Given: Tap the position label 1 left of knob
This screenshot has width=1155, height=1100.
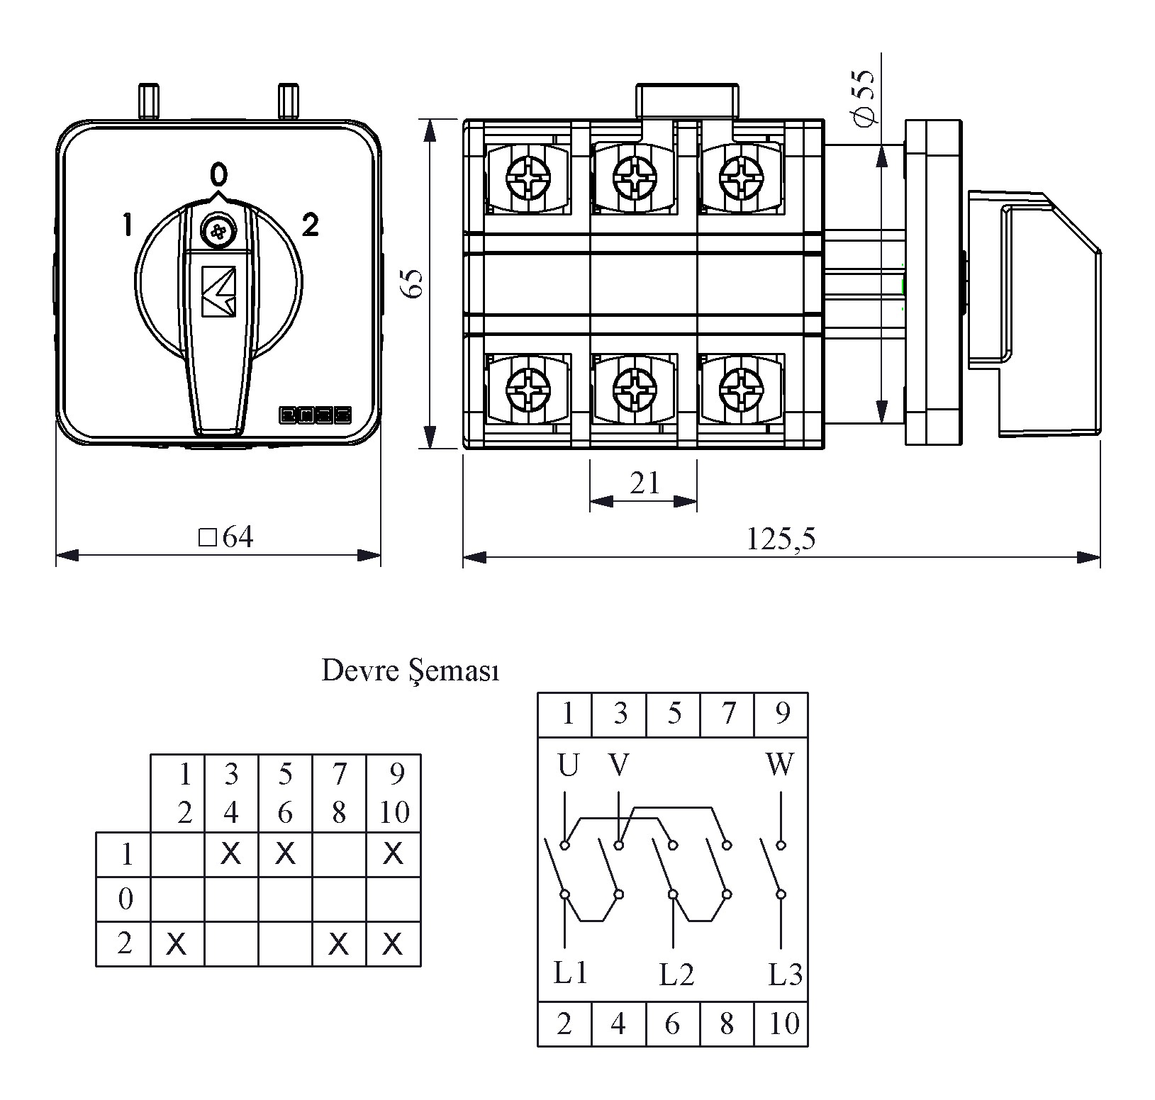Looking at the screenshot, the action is pyautogui.click(x=127, y=225).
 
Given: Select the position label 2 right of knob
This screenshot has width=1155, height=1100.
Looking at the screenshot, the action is pyautogui.click(x=310, y=225).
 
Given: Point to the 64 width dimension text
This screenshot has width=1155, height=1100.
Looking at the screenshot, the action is pyautogui.click(x=227, y=538).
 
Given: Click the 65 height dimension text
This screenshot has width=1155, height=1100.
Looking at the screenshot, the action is pyautogui.click(x=413, y=284).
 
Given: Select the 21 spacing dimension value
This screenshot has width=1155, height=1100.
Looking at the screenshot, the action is pyautogui.click(x=645, y=483).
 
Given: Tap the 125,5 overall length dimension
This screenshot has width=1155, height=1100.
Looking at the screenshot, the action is pyautogui.click(x=781, y=539).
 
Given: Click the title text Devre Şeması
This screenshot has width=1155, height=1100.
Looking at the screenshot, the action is pyautogui.click(x=411, y=670).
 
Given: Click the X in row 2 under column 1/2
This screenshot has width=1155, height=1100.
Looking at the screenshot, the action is pyautogui.click(x=177, y=943).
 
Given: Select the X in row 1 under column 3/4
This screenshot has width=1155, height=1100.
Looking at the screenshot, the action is pyautogui.click(x=230, y=854).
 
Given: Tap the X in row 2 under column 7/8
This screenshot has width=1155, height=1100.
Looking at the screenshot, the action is pyautogui.click(x=339, y=943).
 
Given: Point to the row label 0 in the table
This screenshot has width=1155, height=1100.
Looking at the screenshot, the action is pyautogui.click(x=125, y=899).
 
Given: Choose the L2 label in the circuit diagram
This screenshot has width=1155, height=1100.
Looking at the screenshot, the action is pyautogui.click(x=676, y=975).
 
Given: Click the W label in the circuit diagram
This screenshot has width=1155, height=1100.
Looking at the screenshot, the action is pyautogui.click(x=780, y=765).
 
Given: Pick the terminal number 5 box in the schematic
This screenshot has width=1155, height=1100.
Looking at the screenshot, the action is pyautogui.click(x=674, y=714).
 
